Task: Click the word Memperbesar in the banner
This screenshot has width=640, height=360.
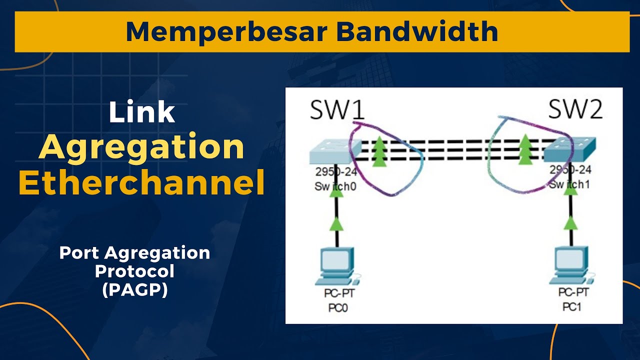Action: (x=226, y=31)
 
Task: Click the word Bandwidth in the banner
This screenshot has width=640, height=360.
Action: (x=417, y=31)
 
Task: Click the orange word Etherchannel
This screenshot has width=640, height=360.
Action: (x=141, y=183)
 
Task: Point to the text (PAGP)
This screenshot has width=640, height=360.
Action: (x=134, y=289)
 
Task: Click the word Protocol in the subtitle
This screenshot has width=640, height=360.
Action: (x=134, y=271)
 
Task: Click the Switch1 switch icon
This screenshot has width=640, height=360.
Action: (x=569, y=150)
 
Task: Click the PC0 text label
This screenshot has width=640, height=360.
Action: (x=338, y=308)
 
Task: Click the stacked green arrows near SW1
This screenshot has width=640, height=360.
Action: (x=380, y=149)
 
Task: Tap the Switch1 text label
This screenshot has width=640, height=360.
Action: (x=570, y=184)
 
